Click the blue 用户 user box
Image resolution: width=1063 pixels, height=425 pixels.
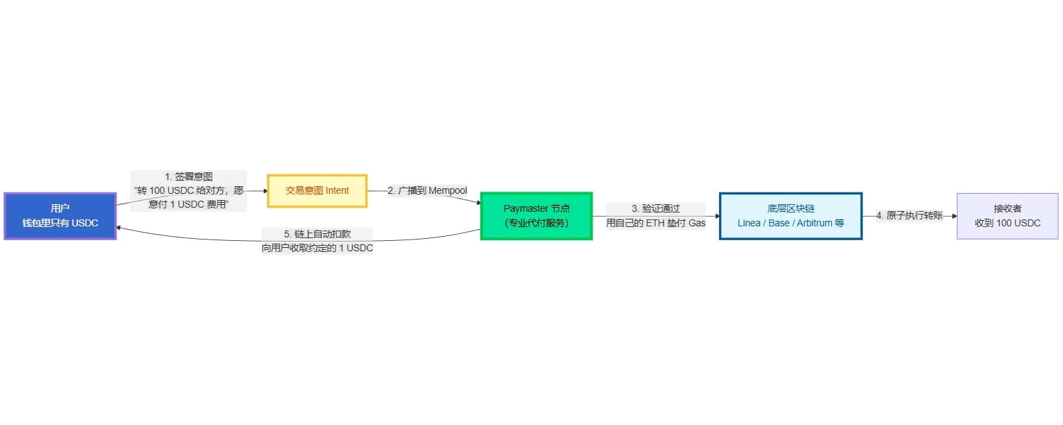(x=60, y=216)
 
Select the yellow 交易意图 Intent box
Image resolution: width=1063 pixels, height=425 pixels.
(x=317, y=190)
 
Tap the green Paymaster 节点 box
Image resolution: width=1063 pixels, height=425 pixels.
(x=536, y=216)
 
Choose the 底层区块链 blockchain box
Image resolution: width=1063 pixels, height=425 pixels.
(x=790, y=216)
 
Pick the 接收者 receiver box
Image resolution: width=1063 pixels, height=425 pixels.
(x=1007, y=216)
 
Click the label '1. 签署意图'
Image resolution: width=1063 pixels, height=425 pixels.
(x=188, y=177)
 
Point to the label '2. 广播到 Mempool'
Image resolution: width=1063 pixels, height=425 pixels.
(x=427, y=190)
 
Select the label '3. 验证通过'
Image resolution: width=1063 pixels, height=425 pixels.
(x=655, y=208)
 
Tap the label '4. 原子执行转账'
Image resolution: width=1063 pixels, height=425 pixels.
(x=909, y=216)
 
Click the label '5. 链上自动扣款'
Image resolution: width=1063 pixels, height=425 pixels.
(x=317, y=234)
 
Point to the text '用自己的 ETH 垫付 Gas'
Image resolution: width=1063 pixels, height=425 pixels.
(x=655, y=223)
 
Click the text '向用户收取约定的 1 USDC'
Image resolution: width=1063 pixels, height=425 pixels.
(x=317, y=248)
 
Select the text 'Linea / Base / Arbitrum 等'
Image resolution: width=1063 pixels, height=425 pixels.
(x=790, y=224)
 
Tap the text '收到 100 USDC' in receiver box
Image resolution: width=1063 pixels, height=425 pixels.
(x=1007, y=224)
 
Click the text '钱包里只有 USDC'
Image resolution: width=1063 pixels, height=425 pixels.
(x=60, y=224)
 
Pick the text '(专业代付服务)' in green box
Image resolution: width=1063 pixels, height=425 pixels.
(x=536, y=224)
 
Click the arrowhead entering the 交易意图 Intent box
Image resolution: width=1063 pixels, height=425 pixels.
(x=264, y=190)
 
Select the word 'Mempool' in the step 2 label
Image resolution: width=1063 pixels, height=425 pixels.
(x=448, y=190)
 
